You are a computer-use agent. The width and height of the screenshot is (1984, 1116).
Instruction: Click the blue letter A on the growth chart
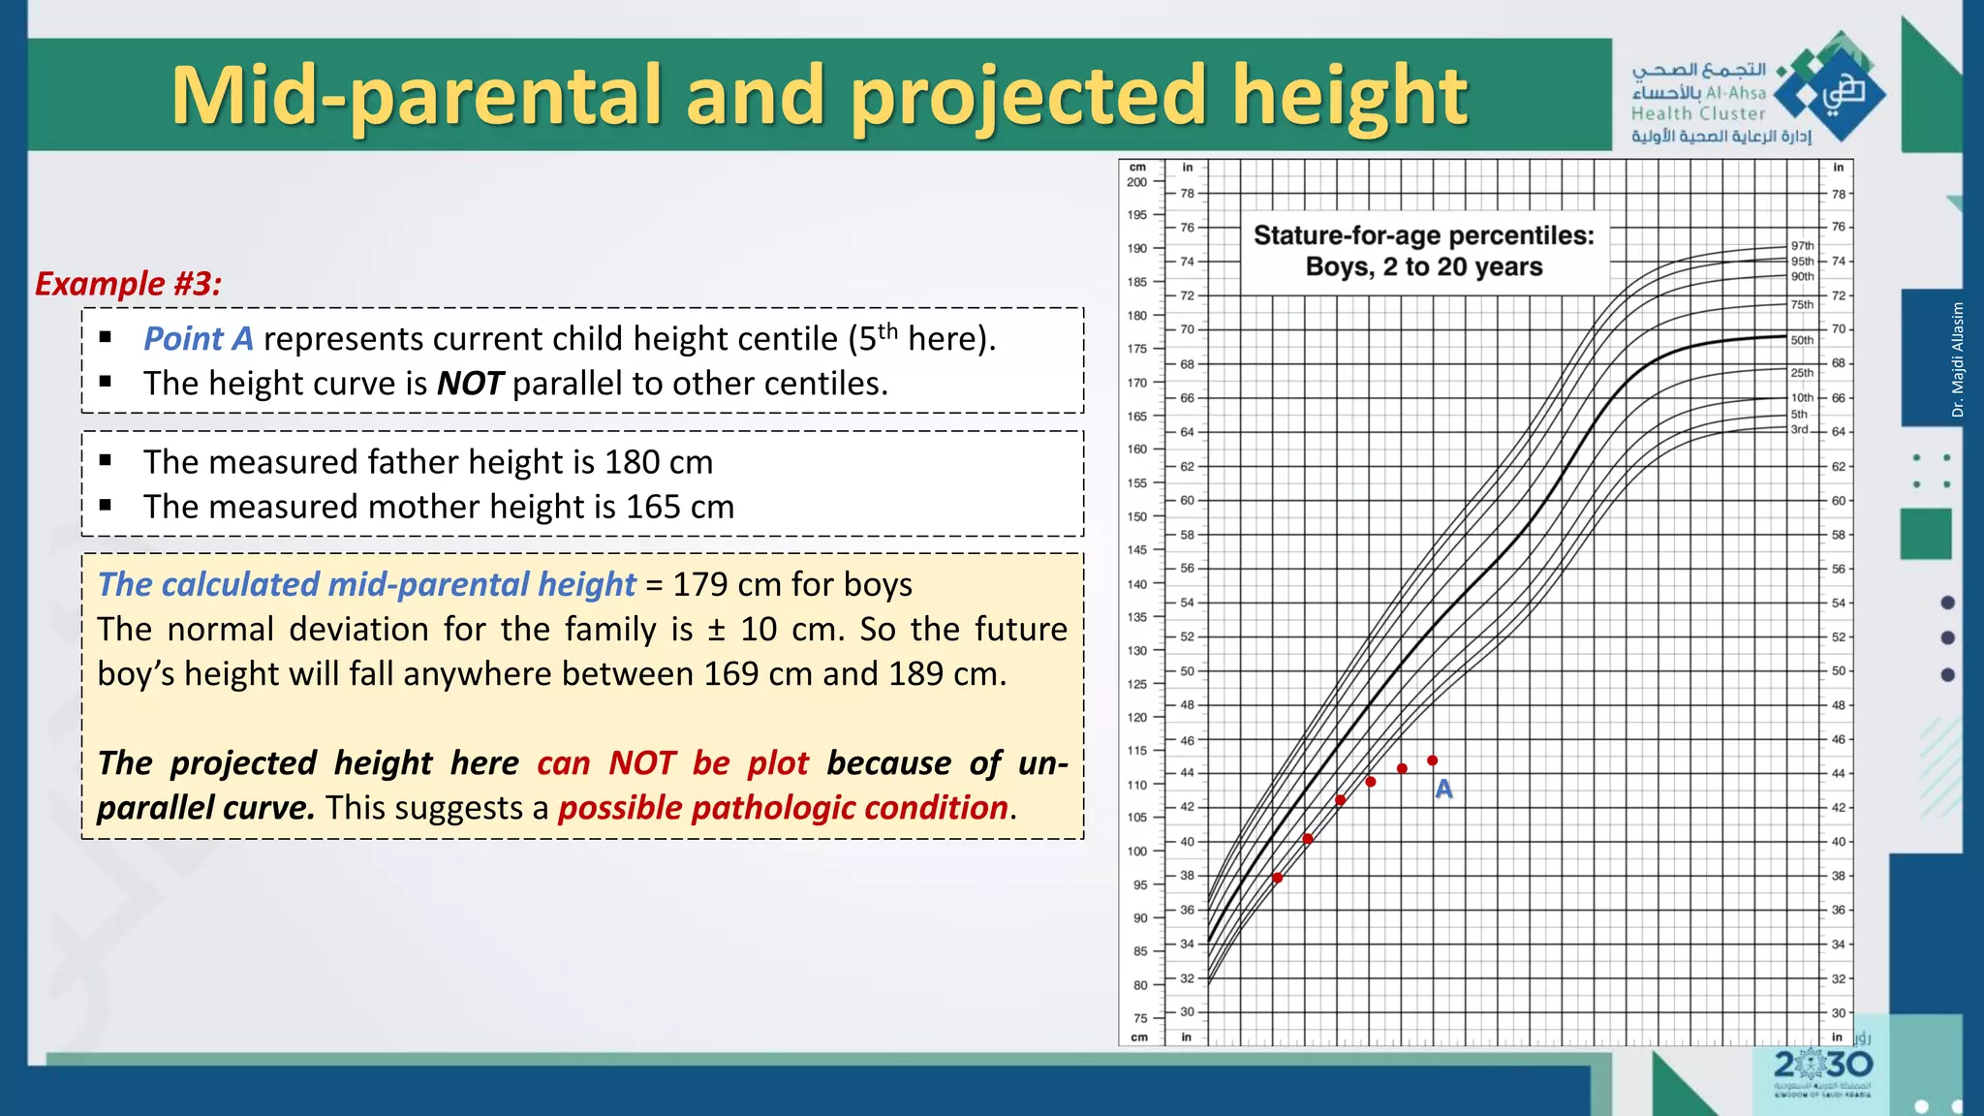point(1443,790)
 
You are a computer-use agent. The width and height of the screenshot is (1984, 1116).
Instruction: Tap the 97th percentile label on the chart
point(1802,246)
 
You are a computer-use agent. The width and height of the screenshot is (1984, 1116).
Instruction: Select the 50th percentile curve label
point(1802,340)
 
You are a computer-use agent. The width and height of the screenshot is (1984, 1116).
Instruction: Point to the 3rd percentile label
point(1799,429)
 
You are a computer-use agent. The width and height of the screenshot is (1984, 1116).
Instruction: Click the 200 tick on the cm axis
point(1136,182)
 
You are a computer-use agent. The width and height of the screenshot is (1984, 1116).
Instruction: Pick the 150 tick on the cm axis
point(1136,516)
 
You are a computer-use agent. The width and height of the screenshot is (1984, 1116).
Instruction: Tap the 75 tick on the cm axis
point(1140,1018)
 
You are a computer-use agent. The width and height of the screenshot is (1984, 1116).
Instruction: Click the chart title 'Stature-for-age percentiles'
point(1423,235)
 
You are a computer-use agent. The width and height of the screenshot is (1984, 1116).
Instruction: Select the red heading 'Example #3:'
point(128,284)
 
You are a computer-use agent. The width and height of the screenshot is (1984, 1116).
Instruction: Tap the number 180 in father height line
point(633,462)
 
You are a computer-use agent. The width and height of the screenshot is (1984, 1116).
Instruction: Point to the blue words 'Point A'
point(198,339)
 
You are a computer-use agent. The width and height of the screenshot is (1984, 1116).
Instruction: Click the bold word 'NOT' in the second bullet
point(470,384)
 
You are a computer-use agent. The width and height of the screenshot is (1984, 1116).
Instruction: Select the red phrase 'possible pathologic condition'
point(783,808)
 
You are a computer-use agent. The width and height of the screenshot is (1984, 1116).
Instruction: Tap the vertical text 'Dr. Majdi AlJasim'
point(1958,359)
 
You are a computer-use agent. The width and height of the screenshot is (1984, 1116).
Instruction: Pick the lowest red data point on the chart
point(1278,878)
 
